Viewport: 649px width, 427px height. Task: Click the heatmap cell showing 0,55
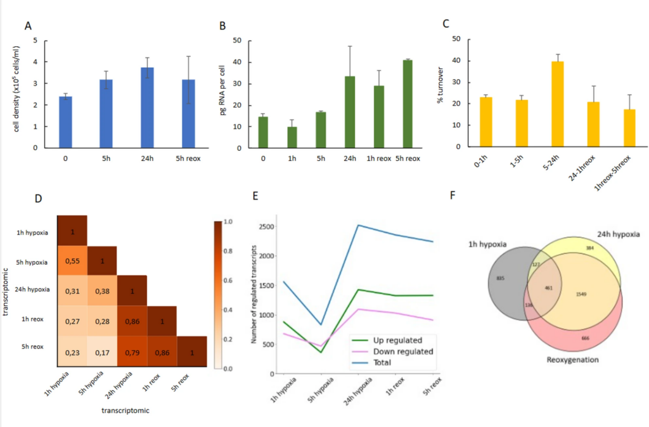point(72,261)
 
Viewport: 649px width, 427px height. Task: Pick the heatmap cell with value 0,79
point(132,350)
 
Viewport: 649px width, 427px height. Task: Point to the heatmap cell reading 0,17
point(102,350)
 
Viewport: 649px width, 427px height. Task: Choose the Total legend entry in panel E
point(382,362)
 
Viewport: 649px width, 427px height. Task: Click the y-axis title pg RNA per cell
point(223,94)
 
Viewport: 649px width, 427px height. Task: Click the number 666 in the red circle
point(585,338)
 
